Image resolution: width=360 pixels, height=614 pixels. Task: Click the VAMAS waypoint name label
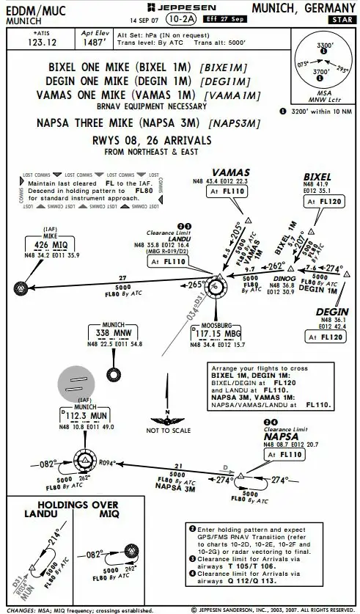226,172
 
